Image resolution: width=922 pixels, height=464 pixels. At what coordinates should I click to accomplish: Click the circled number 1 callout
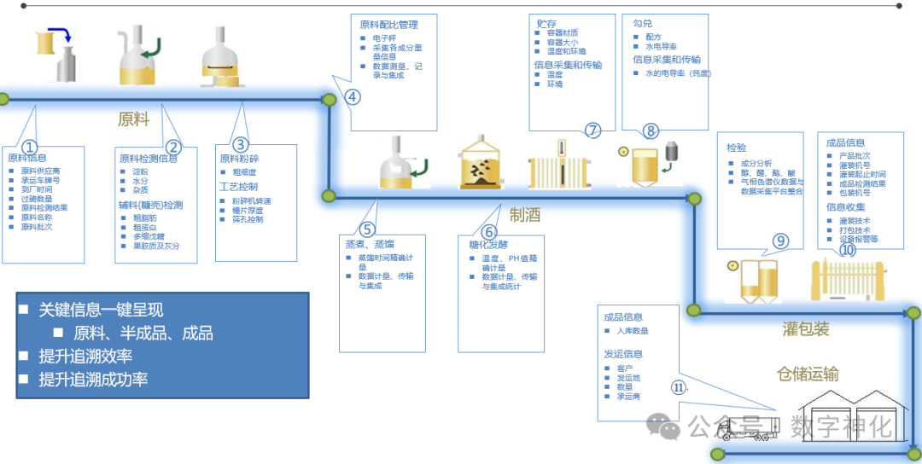[x=30, y=147]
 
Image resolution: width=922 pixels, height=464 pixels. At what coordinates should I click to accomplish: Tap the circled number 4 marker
[x=353, y=97]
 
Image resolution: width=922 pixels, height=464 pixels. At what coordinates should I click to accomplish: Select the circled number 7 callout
[x=592, y=130]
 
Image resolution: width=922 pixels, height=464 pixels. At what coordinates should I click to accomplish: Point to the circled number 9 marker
[x=781, y=241]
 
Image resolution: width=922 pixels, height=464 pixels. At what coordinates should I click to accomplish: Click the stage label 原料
[x=133, y=119]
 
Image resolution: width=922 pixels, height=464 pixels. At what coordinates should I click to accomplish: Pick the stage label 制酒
[x=524, y=215]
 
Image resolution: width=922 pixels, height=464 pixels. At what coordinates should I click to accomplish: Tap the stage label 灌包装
[x=806, y=329]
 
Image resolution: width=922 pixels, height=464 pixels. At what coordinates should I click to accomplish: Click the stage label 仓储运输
[x=807, y=374]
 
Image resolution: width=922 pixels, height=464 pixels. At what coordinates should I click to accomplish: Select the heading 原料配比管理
[x=388, y=24]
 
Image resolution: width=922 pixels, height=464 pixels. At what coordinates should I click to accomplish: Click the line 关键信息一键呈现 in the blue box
[x=101, y=310]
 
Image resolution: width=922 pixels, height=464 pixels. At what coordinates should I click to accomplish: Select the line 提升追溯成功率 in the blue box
[x=93, y=379]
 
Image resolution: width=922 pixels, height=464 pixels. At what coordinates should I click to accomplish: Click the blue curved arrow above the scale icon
[x=60, y=35]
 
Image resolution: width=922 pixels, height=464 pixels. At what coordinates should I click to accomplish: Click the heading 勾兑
[x=642, y=24]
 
